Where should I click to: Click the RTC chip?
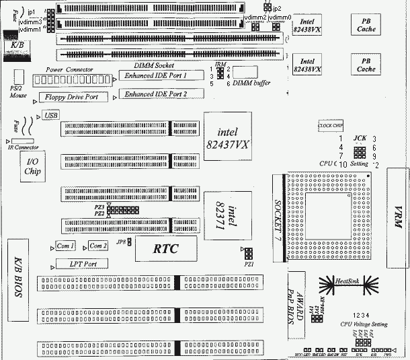(165, 248)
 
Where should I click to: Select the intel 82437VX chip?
(224, 134)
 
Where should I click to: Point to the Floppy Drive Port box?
(72, 98)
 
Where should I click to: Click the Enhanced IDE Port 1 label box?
(155, 75)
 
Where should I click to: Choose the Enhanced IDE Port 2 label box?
(155, 94)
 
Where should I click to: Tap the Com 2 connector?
(97, 246)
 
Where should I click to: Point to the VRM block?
(398, 218)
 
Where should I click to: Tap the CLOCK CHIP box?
(331, 126)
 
